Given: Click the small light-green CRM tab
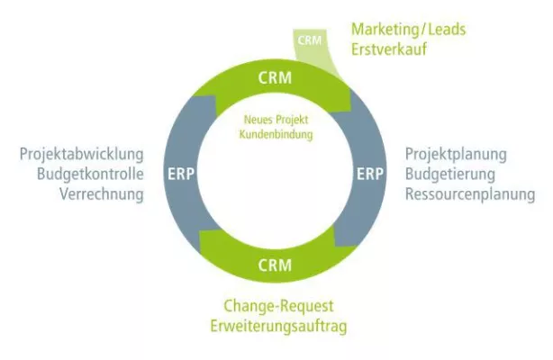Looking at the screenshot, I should pyautogui.click(x=309, y=40).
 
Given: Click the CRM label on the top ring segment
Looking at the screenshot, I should pyautogui.click(x=275, y=76).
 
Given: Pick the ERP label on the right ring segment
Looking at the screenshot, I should pyautogui.click(x=368, y=172).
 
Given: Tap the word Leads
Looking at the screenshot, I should pyautogui.click(x=447, y=30).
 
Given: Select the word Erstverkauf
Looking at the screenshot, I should pyautogui.click(x=389, y=49).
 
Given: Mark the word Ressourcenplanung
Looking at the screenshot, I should pyautogui.click(x=469, y=193).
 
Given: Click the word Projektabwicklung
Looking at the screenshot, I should pyautogui.click(x=81, y=155).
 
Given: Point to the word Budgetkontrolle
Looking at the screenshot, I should pyautogui.click(x=89, y=174).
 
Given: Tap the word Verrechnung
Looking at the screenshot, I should pyautogui.click(x=102, y=193).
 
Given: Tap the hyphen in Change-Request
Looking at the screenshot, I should pyautogui.click(x=273, y=306).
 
